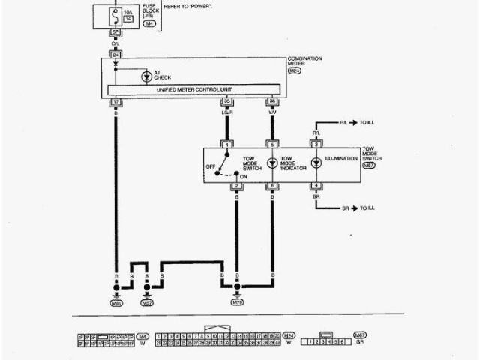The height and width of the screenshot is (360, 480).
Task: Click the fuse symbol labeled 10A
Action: coord(116,14)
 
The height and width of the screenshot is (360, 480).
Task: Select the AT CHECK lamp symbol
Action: coord(145,76)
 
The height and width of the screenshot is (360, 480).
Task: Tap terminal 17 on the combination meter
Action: coord(116,100)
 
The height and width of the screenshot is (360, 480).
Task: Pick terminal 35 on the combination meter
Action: coord(226,100)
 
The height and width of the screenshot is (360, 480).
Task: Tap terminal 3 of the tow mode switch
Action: coord(316,144)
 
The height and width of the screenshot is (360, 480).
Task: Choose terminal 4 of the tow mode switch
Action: coord(316,185)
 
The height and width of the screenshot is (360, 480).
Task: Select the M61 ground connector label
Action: coord(116,303)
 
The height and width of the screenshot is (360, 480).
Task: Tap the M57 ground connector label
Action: coord(147,303)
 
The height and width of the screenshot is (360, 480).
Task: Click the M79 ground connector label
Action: coord(237,303)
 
